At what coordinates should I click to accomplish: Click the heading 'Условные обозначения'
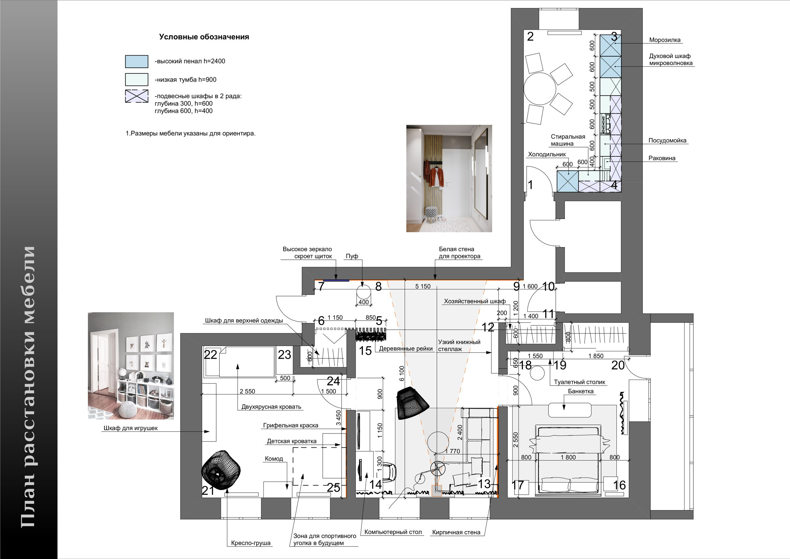click(x=204, y=37)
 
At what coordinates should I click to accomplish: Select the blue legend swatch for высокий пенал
click(x=137, y=61)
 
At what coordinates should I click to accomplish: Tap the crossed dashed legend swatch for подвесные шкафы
click(x=137, y=96)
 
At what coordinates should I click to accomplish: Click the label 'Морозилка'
click(x=665, y=40)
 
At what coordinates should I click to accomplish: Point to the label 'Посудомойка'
click(x=667, y=141)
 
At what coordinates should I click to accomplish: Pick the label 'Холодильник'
click(x=547, y=154)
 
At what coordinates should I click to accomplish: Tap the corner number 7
click(x=321, y=286)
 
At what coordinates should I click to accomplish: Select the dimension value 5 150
click(x=423, y=286)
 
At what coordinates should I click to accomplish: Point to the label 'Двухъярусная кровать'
click(x=271, y=407)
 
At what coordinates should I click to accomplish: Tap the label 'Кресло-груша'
click(x=251, y=543)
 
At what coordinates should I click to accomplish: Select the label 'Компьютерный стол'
click(x=393, y=532)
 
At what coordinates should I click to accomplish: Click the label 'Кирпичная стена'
click(x=456, y=532)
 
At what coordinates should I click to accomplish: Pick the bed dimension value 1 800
click(x=568, y=457)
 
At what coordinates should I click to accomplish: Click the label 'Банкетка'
click(x=581, y=391)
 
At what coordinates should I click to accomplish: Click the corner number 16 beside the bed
click(x=619, y=485)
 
